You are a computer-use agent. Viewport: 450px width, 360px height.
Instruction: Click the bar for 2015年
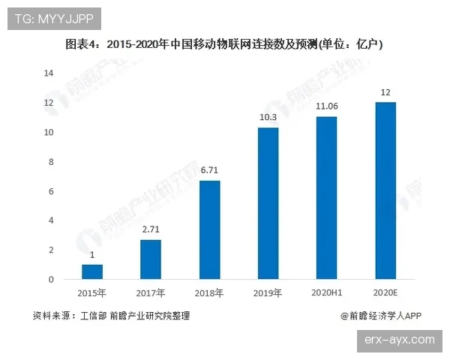tap(92, 271)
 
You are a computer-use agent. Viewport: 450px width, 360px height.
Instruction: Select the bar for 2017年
tap(150, 259)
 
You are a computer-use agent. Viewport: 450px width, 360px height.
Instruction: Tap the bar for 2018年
tap(209, 229)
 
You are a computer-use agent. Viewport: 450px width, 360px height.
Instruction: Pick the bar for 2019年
tap(268, 203)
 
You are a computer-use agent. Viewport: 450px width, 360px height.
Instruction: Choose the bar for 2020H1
tap(326, 198)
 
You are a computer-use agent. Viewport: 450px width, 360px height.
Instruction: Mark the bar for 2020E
tap(385, 190)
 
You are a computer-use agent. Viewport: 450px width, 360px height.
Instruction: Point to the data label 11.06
tap(326, 107)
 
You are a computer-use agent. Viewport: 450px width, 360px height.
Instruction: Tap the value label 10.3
tap(268, 118)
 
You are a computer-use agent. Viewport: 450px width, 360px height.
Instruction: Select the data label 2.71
tap(150, 230)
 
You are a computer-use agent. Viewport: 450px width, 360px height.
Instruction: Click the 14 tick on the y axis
tap(49, 73)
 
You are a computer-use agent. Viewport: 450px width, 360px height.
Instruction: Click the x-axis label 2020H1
tap(326, 292)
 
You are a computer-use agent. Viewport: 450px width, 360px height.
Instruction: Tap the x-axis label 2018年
tap(209, 292)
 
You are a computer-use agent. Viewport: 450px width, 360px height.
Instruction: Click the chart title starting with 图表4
tap(225, 44)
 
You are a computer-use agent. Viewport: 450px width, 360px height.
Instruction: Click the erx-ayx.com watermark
tap(398, 340)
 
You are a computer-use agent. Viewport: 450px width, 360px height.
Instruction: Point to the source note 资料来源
tap(112, 316)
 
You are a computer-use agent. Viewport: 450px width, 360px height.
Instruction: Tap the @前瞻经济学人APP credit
tap(382, 316)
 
